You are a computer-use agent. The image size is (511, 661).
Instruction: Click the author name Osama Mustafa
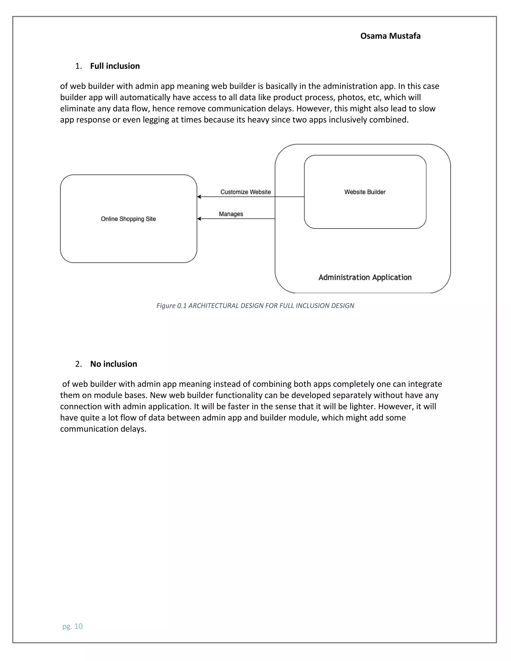click(x=390, y=36)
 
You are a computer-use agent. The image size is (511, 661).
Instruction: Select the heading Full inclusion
click(x=115, y=66)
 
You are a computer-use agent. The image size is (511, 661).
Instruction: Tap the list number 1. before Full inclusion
click(x=78, y=66)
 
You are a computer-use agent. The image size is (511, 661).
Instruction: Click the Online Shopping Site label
click(x=128, y=219)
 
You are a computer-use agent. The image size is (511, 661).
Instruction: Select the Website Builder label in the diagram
click(x=365, y=192)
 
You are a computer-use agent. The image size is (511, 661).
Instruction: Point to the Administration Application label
click(x=365, y=277)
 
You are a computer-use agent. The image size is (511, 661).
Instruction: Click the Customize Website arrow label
click(x=246, y=192)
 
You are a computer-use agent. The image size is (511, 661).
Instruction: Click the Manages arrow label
click(x=231, y=214)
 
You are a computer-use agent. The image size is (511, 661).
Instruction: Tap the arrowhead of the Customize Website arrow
click(x=199, y=197)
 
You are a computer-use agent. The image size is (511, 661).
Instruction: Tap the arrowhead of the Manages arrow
click(x=199, y=219)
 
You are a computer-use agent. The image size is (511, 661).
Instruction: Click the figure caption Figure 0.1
click(x=255, y=306)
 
